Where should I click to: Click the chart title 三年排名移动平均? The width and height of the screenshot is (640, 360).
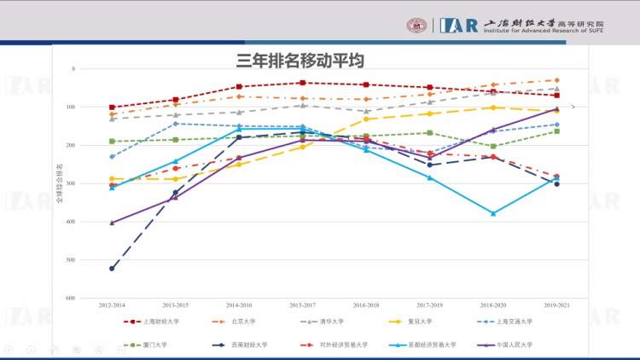300,61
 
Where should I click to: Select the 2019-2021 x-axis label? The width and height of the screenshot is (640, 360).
556,305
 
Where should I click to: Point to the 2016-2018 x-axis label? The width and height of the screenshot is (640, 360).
366,305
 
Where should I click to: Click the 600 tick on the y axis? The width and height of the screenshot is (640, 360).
73,298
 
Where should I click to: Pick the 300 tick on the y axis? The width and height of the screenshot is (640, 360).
73,183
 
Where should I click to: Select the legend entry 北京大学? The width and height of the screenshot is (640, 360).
243,322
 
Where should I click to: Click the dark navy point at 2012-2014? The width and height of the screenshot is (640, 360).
112,269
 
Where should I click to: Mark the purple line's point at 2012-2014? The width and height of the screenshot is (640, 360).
112,223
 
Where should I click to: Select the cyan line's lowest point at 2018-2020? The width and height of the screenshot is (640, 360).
492,213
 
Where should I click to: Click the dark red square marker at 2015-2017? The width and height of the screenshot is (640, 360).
302,83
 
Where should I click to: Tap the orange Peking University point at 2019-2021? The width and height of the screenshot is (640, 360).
556,80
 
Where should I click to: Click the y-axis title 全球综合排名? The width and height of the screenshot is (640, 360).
59,183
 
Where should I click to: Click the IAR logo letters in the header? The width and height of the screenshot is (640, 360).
459,25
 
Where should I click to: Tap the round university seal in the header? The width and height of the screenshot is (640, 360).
417,26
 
